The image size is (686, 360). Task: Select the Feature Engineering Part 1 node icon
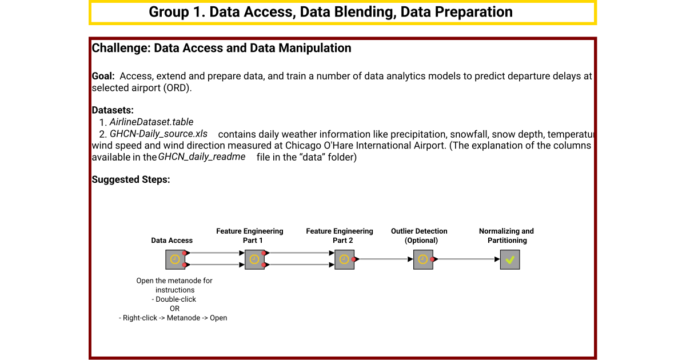(254, 259)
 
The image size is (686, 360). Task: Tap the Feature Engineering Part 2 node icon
(344, 259)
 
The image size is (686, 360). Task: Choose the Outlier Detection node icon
(423, 259)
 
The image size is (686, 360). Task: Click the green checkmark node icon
(510, 259)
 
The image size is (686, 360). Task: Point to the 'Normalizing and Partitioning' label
(506, 235)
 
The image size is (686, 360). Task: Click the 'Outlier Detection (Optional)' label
(419, 235)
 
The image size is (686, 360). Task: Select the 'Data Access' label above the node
(171, 241)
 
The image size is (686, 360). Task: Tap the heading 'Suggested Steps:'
(131, 179)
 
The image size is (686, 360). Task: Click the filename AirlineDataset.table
(151, 122)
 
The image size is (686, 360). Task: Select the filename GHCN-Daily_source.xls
(158, 134)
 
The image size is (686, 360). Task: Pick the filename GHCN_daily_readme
(201, 157)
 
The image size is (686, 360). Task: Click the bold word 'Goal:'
(103, 76)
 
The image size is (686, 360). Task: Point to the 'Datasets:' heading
(113, 110)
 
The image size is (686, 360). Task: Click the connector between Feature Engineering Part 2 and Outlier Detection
(384, 259)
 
